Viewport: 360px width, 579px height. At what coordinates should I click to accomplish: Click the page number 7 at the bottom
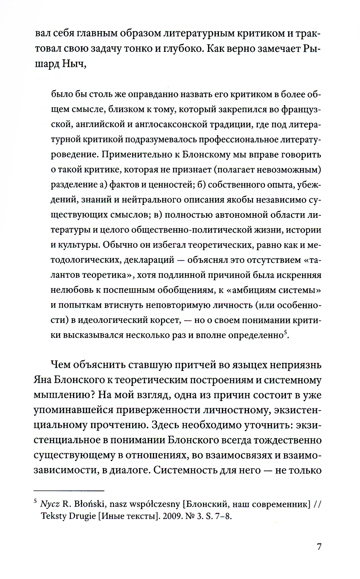click(x=319, y=547)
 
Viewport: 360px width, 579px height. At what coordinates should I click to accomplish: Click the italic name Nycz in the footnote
click(x=50, y=504)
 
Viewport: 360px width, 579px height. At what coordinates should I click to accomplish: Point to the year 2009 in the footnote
click(x=172, y=516)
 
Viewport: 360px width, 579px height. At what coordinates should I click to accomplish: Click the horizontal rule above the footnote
click(x=69, y=490)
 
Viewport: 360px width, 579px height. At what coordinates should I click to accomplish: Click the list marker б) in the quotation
click(x=201, y=185)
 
